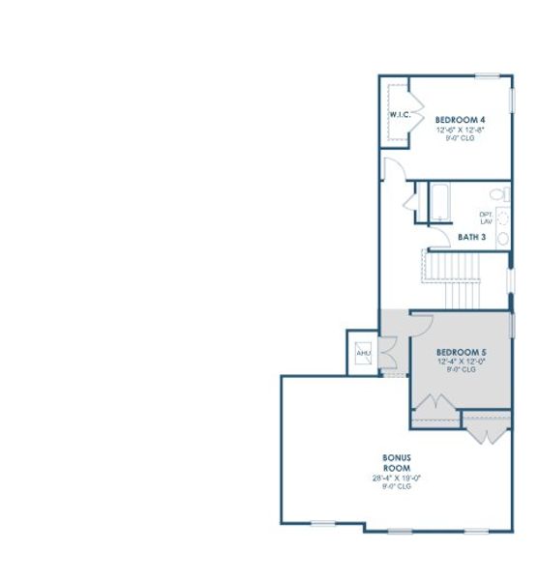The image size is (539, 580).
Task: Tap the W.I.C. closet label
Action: (x=400, y=115)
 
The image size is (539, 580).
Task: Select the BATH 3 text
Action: (x=471, y=237)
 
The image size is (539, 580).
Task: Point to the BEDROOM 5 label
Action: (x=461, y=351)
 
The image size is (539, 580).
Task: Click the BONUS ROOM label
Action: (x=398, y=461)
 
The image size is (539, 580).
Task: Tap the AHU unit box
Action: (x=364, y=354)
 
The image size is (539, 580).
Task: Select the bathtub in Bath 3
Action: (x=438, y=201)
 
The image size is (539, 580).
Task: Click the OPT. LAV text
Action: (x=486, y=217)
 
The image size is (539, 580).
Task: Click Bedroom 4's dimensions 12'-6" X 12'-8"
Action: (x=459, y=129)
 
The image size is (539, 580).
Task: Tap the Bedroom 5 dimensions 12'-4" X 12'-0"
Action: (x=461, y=361)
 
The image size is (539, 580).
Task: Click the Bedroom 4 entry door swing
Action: (x=393, y=169)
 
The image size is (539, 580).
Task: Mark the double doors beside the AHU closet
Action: (x=387, y=353)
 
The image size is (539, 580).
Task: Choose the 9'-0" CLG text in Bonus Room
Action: (x=398, y=485)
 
